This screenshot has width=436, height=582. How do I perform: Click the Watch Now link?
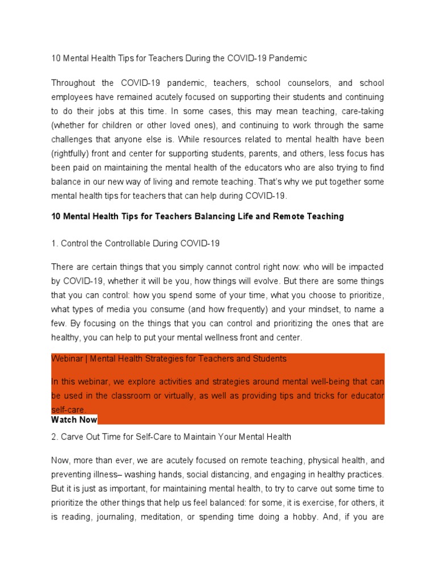(74, 420)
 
